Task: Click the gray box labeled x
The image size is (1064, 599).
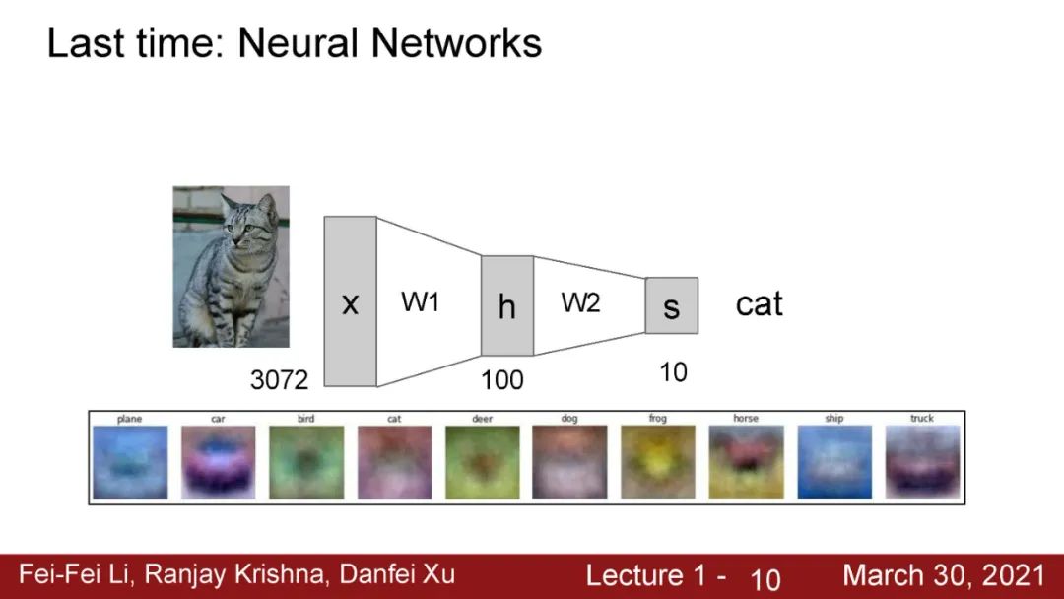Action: click(x=350, y=301)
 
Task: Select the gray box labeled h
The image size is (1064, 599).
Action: click(x=506, y=305)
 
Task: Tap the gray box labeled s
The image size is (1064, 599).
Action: click(x=671, y=305)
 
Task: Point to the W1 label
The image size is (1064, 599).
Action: click(x=420, y=302)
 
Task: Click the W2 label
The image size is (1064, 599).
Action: click(x=580, y=302)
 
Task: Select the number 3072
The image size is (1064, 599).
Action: click(x=279, y=379)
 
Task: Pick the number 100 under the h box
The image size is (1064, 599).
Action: click(x=502, y=379)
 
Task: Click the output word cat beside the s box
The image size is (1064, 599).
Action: click(x=759, y=303)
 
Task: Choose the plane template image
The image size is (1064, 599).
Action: click(x=130, y=462)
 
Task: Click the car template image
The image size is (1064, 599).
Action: click(x=218, y=462)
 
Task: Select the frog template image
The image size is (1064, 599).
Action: click(x=657, y=462)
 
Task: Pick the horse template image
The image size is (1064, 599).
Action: click(x=746, y=462)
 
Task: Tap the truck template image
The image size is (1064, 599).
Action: click(x=921, y=462)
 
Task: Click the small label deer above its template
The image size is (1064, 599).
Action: click(x=482, y=419)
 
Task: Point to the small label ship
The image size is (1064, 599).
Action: click(x=833, y=419)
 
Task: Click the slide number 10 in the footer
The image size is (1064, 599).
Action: click(x=765, y=579)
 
